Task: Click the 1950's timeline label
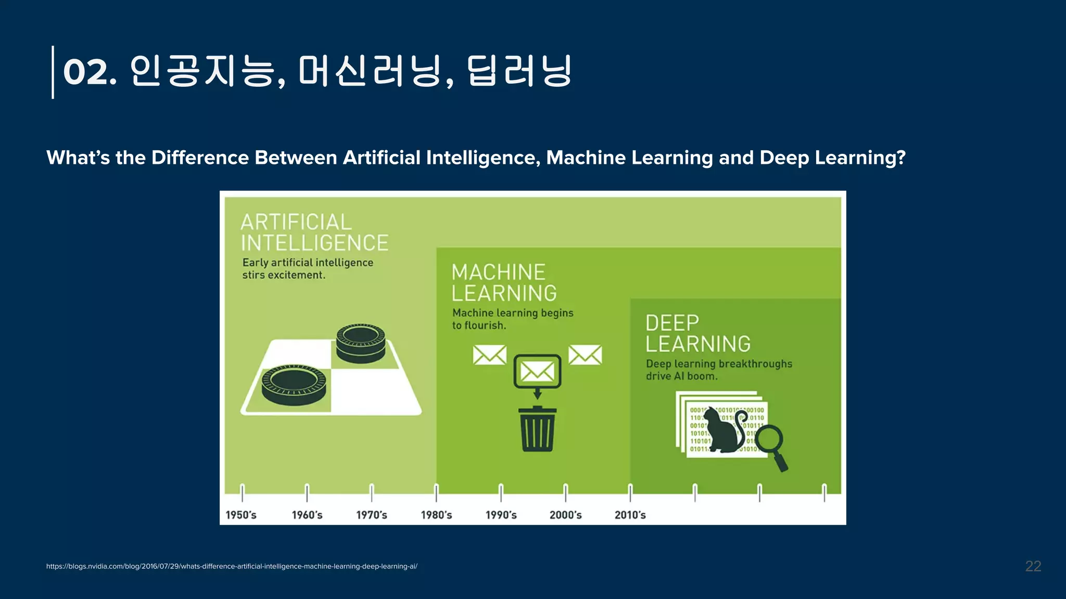coord(241,515)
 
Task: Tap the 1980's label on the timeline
coord(436,515)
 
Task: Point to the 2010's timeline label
coord(630,515)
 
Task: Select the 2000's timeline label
coord(565,515)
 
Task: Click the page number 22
coord(1033,566)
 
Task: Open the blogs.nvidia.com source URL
coord(232,566)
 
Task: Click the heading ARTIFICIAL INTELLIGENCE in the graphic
coord(314,232)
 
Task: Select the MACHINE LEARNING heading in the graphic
coord(503,282)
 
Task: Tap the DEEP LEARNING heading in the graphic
coord(697,333)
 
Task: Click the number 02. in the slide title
coord(90,72)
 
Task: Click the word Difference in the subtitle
coord(200,158)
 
